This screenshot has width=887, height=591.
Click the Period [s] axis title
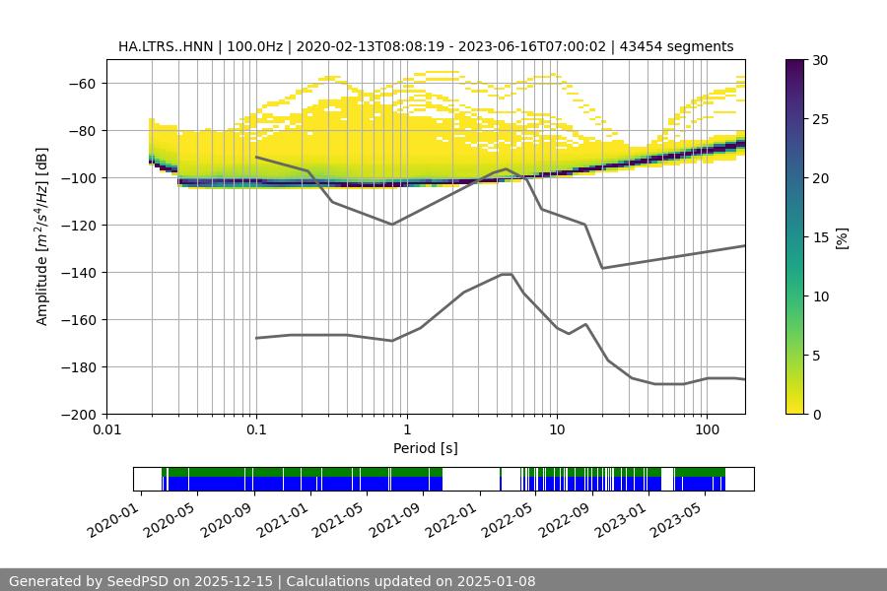[x=426, y=448]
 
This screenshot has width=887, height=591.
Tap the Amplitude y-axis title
[x=41, y=236]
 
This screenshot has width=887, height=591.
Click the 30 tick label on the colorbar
[x=820, y=60]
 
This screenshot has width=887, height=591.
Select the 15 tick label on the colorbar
[x=820, y=237]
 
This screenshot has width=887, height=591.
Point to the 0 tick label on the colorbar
[x=816, y=415]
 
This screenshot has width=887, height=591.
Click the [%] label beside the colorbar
[x=841, y=237]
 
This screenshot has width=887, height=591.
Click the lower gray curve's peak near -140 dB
[x=507, y=274]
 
